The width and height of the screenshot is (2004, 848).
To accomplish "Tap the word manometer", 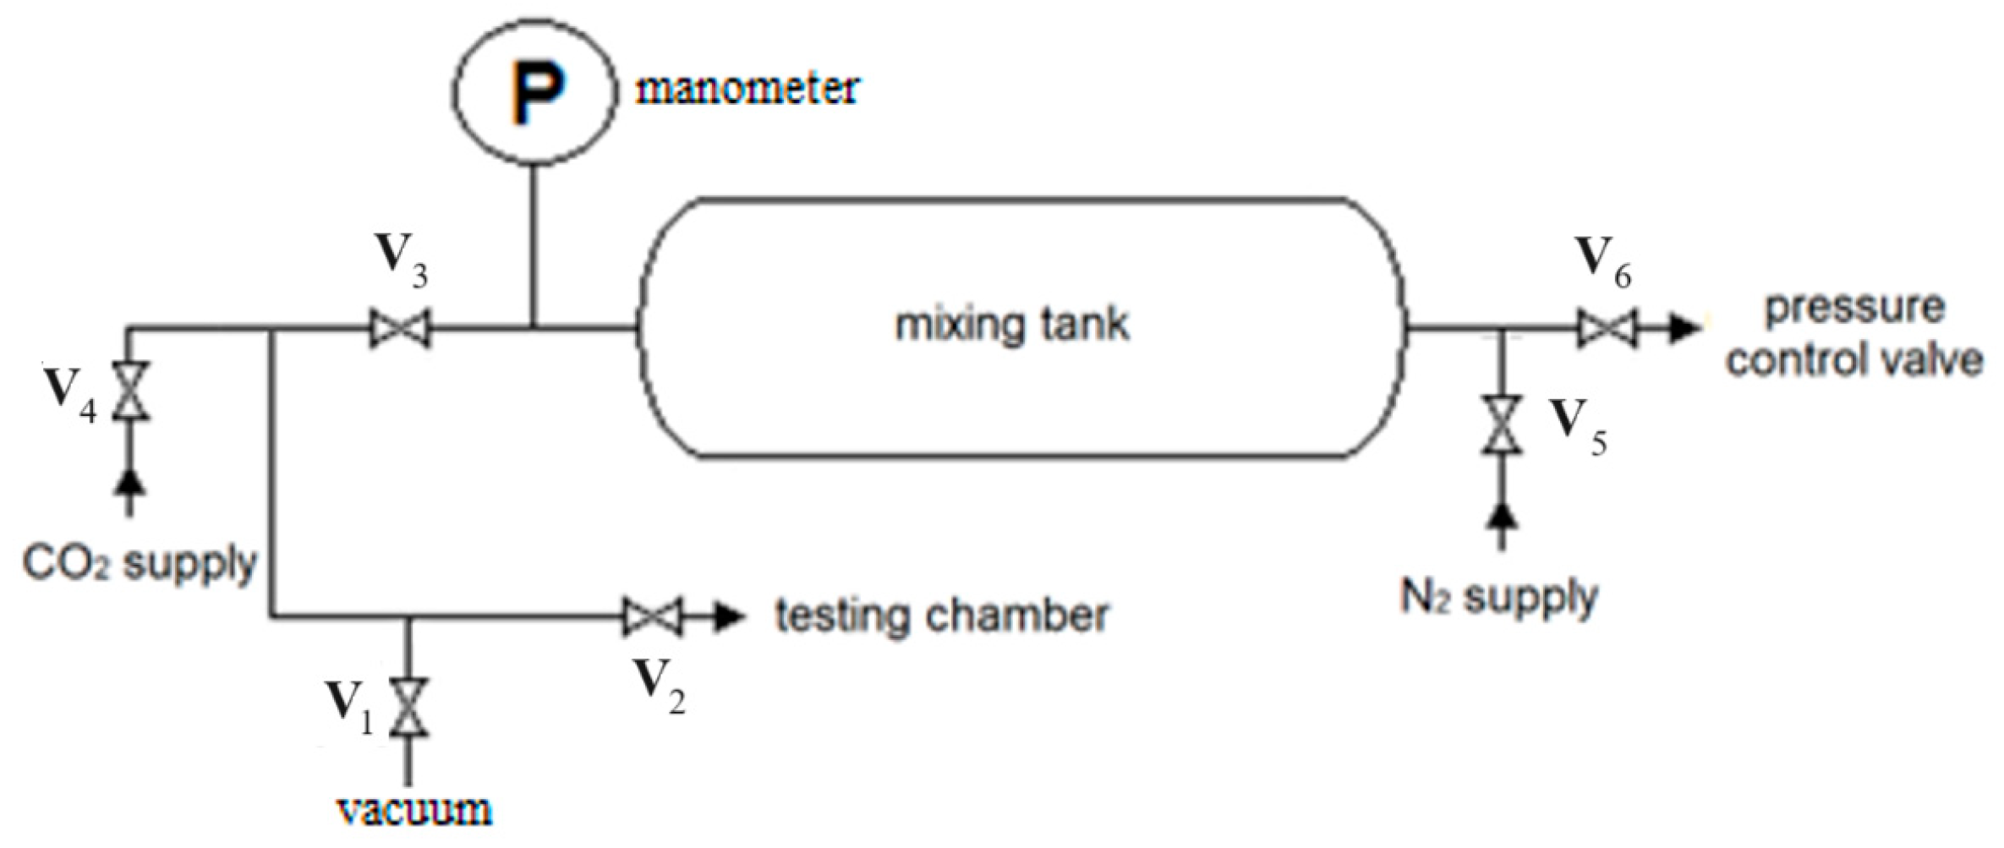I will coord(747,89).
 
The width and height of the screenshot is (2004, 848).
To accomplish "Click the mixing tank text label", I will coord(1012,325).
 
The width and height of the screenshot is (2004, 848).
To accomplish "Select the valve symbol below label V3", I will coord(400,328).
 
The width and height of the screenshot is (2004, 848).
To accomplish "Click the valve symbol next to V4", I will coord(131,391).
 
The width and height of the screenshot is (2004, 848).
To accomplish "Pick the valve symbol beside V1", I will coord(409,707).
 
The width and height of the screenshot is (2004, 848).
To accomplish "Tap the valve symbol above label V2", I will coord(652,616).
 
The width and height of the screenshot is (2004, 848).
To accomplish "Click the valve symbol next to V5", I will coord(1502,424).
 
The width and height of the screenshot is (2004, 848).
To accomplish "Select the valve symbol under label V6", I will coord(1607,328).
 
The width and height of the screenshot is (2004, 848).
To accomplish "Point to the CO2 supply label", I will coord(140,562).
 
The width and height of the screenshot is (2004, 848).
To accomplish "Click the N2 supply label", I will coord(1499,597).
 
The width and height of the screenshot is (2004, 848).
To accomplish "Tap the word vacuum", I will coord(414,811).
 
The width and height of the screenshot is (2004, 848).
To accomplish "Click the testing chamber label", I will coord(942,615).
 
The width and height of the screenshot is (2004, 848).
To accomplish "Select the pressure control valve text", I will coord(1853,335).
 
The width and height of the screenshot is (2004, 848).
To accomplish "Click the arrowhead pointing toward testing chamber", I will coord(728,616).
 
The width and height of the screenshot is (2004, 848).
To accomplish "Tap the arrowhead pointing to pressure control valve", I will coord(1684,328).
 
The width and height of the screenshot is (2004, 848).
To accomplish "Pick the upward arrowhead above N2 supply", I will coord(1502,517).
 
